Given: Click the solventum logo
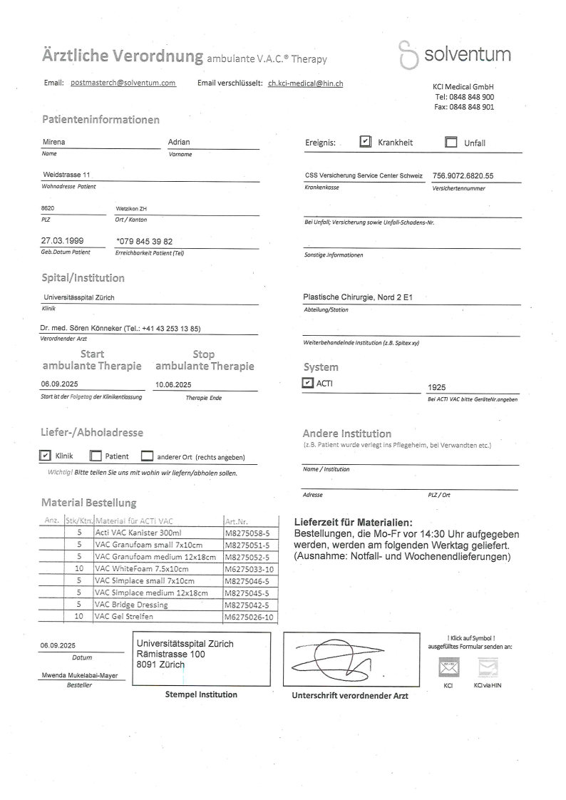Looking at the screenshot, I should coord(455,55).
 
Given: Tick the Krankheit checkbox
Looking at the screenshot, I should coord(365,141).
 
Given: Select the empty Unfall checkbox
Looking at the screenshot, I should coord(451,142).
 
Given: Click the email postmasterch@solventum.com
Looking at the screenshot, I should coord(123,83).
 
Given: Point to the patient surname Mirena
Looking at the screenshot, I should coord(53,142).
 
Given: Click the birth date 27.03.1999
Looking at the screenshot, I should coord(63,241).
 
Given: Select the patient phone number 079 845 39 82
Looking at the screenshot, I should coord(144,241).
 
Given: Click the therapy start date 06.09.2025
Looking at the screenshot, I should coord(59,384).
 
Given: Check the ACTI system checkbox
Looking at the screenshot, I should coord(307,383).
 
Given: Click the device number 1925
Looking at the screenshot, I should coord(436,387).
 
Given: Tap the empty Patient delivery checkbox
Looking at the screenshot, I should coord(96,456).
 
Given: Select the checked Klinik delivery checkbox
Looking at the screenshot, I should coord(45,456).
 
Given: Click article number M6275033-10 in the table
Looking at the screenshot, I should coord(248,569).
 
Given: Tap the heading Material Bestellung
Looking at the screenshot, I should coord(88,503).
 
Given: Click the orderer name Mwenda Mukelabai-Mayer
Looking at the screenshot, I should coord(79,674).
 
